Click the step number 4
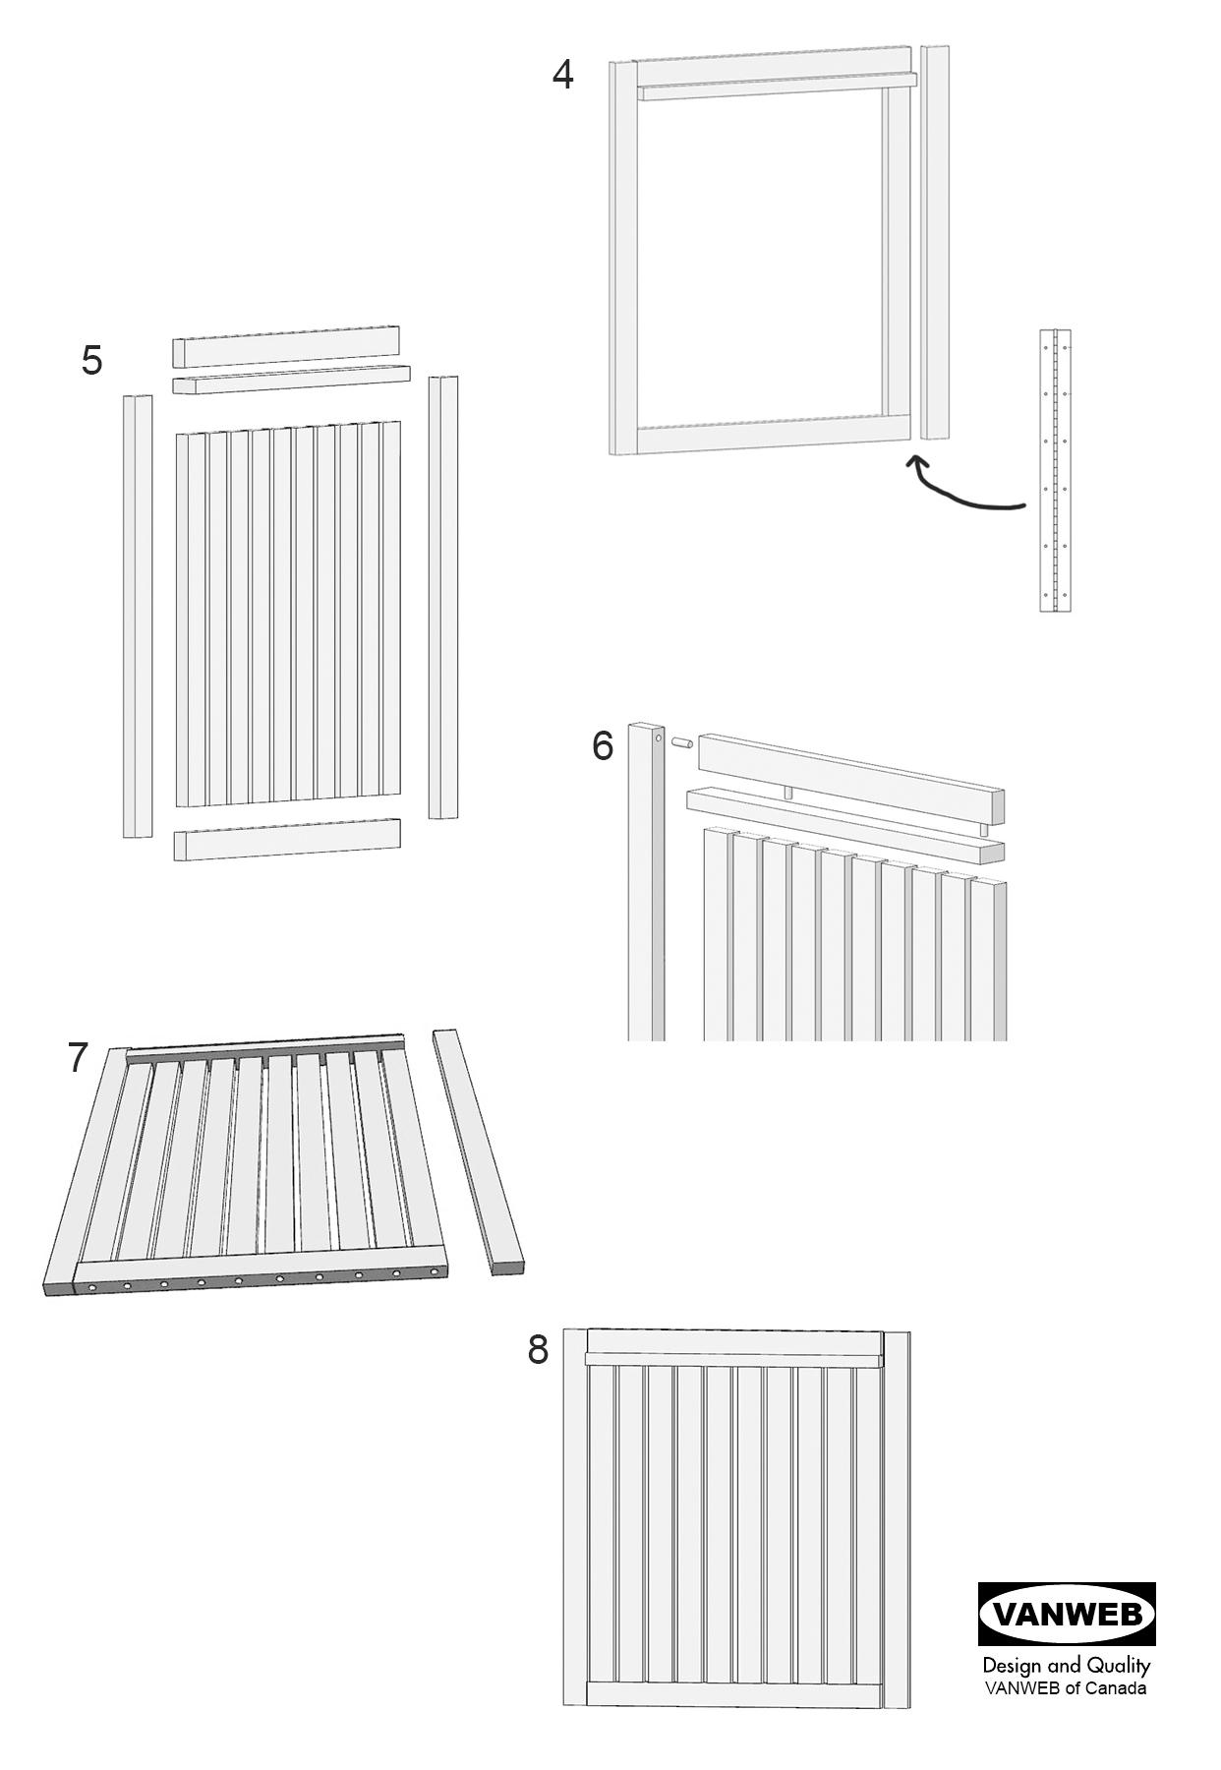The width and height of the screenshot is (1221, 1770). tap(562, 75)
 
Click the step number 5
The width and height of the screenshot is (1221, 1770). tap(91, 360)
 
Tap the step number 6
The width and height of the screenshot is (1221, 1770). tap(603, 745)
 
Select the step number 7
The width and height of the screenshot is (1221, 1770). tap(79, 1058)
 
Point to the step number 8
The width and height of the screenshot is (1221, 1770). tap(538, 1349)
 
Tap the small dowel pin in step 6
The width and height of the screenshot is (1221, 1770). tap(682, 742)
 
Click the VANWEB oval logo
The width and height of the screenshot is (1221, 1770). tap(1067, 1614)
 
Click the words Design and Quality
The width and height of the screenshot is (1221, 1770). tap(1066, 1666)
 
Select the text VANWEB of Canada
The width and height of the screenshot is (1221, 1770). tap(1066, 1688)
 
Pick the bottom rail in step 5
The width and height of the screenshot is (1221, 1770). tap(287, 840)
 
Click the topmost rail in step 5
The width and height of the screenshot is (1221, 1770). tap(286, 345)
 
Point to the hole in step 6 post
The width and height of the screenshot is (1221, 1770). tap(658, 736)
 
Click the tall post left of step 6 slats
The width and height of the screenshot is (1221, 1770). tap(646, 885)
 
